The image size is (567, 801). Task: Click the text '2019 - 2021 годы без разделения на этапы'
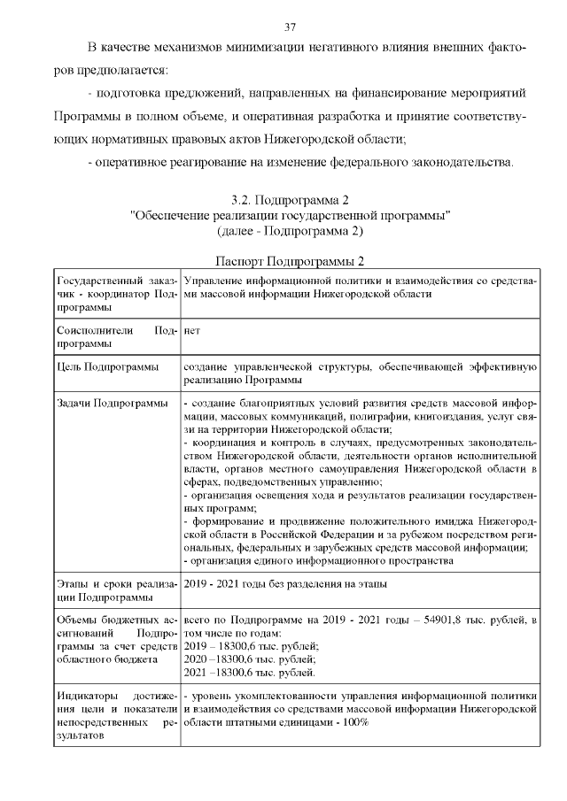[284, 584]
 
